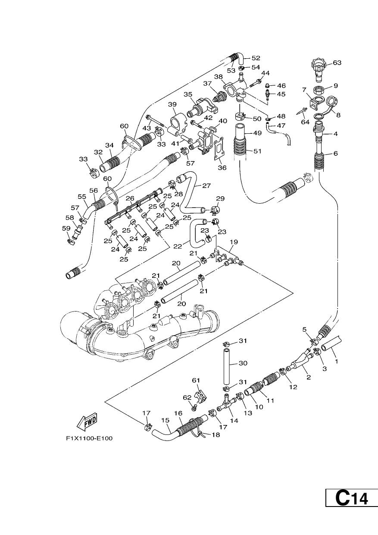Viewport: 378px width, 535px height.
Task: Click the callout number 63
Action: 337,63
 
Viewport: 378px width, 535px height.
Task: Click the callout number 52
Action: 256,58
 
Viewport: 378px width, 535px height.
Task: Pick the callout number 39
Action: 172,104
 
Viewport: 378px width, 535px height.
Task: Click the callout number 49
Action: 258,133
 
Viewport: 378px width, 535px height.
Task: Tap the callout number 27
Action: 206,186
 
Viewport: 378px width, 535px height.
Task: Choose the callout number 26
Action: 130,198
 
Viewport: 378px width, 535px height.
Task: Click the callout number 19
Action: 234,242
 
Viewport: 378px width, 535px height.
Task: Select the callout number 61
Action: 196,380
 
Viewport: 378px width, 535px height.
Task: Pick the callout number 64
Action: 305,122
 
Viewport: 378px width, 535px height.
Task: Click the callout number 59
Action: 66,228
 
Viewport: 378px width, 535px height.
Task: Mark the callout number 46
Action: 281,86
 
